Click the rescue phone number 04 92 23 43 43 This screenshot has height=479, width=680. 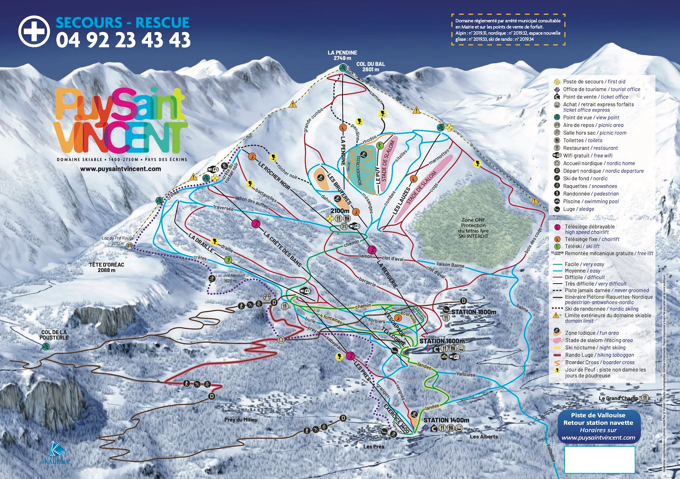[x=123, y=40]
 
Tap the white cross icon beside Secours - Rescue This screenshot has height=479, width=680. [x=34, y=31]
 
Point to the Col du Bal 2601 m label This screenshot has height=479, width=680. [x=370, y=67]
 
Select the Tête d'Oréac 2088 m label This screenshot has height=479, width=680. [x=106, y=267]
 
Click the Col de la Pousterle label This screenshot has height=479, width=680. [x=54, y=335]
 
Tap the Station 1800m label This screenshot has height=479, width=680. [x=474, y=312]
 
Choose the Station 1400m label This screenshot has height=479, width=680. [x=446, y=420]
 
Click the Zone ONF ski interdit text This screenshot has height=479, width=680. [x=473, y=228]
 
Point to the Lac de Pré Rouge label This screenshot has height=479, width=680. [x=117, y=238]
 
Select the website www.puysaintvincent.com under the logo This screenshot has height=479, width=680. [x=120, y=169]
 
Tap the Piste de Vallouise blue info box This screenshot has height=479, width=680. [x=598, y=426]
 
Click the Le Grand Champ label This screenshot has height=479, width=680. [x=618, y=398]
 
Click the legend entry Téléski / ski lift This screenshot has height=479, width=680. [x=582, y=246]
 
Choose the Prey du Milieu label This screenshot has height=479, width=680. [x=241, y=420]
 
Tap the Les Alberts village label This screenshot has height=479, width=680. [x=484, y=437]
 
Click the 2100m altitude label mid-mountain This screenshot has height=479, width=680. [x=340, y=211]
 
